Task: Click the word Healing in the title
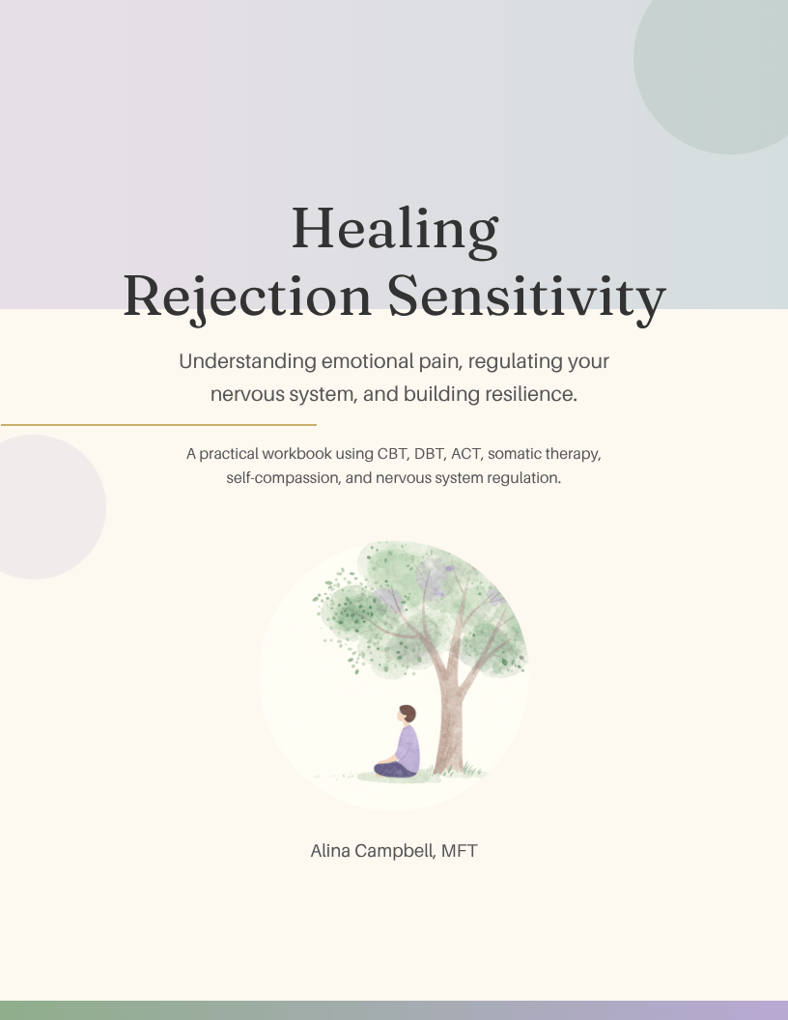(x=395, y=230)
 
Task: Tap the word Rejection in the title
(x=247, y=297)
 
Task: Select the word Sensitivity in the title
(x=526, y=297)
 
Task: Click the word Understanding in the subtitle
(x=248, y=361)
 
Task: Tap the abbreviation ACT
(x=466, y=454)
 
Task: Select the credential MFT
(x=460, y=851)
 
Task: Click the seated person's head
(x=407, y=714)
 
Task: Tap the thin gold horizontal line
(x=158, y=425)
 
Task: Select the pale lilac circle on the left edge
(x=45, y=507)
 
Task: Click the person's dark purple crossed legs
(x=395, y=770)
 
